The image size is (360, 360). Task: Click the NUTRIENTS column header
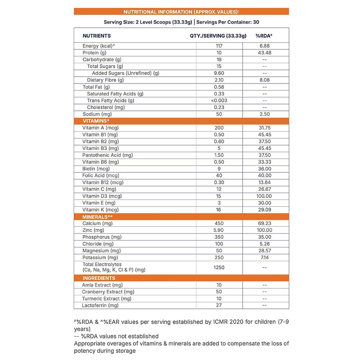tap(96, 36)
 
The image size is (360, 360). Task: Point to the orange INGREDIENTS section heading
tap(99, 278)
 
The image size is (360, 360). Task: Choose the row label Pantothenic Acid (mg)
tap(108, 155)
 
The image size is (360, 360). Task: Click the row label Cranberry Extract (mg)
tap(108, 292)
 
